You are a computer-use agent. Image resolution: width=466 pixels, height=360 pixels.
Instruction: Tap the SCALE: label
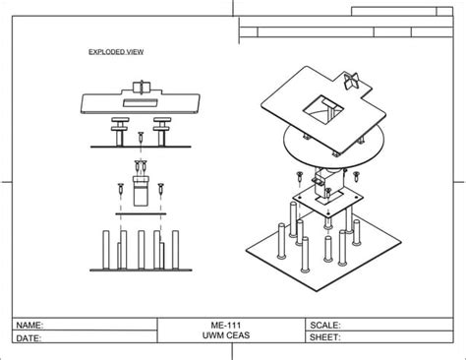(324, 324)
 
